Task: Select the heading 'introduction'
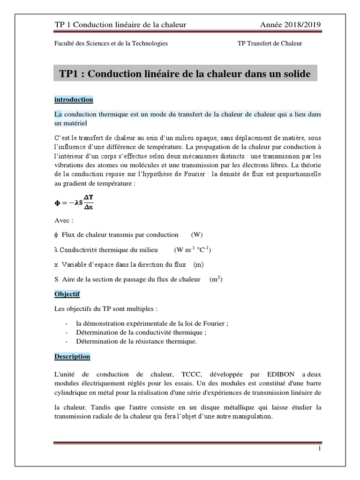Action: tap(74, 100)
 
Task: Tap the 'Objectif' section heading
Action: tap(67, 294)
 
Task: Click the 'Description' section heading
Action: tap(72, 356)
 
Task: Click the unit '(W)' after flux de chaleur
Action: tap(197, 234)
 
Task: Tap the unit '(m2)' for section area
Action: tap(216, 279)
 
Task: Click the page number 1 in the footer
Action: tap(319, 449)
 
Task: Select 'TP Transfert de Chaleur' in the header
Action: tap(270, 44)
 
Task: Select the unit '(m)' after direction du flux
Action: tap(198, 264)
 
